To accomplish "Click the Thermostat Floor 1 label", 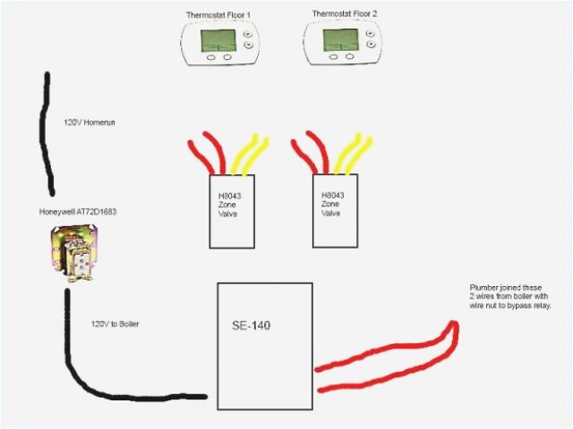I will (x=217, y=15).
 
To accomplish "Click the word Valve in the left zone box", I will (x=230, y=214).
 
